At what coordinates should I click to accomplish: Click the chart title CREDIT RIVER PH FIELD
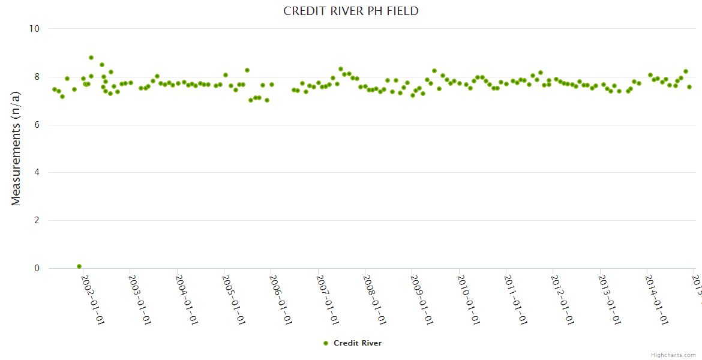tap(351, 11)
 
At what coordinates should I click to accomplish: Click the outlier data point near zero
tap(79, 266)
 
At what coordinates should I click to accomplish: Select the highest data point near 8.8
tap(91, 58)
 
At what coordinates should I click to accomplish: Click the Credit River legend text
tap(358, 343)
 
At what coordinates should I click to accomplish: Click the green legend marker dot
tap(326, 343)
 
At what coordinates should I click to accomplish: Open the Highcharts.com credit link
tap(673, 355)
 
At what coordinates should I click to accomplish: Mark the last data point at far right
tap(689, 87)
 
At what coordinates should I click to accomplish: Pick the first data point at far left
tap(55, 89)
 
